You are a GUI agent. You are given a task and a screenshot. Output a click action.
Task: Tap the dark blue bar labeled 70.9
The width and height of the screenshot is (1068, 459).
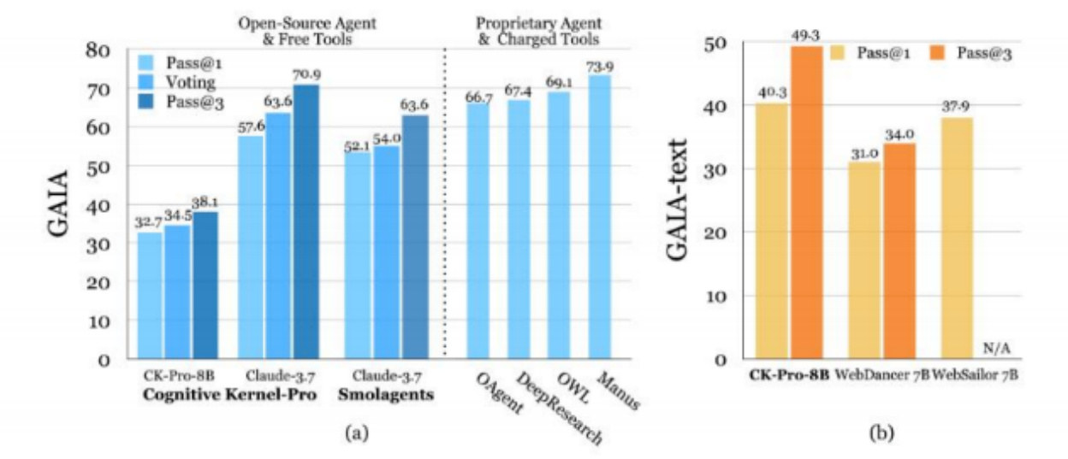click(x=306, y=221)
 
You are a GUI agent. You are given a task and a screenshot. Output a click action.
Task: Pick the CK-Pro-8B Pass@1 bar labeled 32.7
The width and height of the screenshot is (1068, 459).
click(x=149, y=295)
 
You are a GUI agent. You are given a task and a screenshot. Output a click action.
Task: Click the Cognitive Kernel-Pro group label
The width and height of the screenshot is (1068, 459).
click(x=228, y=395)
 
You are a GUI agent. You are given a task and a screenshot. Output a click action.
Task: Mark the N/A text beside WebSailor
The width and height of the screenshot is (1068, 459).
click(x=997, y=347)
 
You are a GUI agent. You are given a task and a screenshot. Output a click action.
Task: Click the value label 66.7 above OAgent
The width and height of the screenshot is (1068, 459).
click(x=478, y=97)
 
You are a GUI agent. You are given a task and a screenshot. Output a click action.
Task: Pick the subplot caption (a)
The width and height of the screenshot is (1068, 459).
click(x=353, y=434)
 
